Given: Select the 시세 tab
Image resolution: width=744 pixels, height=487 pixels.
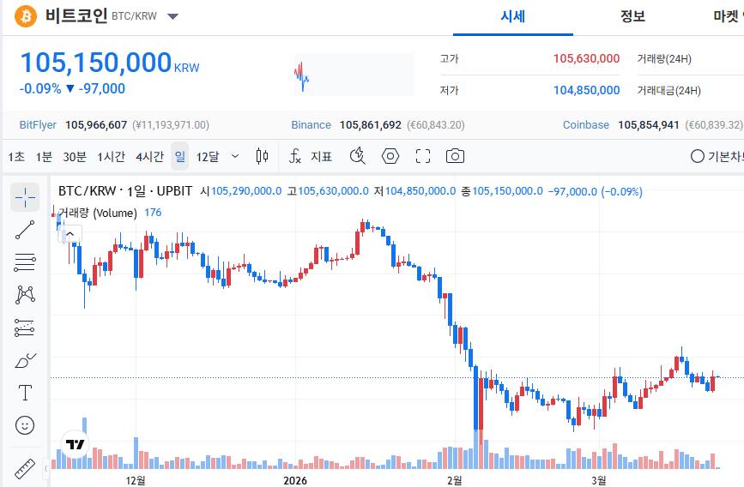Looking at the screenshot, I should pos(513,16).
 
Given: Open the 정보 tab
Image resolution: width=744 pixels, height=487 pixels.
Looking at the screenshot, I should pos(632,16).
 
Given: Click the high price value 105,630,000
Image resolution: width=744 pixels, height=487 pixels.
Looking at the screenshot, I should pos(586,59).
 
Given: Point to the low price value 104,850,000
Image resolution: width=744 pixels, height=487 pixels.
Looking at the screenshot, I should pos(586,90).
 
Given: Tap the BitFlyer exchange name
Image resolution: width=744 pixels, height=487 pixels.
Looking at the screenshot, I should pos(38,125).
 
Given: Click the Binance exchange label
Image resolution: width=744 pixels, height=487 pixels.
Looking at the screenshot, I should pos(311,125).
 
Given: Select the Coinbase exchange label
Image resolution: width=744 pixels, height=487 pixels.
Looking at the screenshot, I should pos(586,125).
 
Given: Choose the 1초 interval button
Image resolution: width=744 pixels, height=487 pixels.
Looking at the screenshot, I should pos(16,156).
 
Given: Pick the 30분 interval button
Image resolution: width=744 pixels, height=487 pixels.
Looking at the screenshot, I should pos(75,156).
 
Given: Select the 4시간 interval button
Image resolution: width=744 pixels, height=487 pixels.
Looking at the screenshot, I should pos(149,156).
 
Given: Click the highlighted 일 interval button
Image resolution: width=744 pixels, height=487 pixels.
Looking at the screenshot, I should pos(179,156).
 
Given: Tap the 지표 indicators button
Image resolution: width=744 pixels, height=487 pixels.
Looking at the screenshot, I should pos(322,156).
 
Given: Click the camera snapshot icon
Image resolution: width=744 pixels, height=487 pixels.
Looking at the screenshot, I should pos(455,156).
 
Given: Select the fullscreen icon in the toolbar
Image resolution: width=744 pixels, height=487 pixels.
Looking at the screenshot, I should pos(422,156).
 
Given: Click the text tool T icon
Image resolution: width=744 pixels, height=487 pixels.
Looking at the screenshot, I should pos(25,393).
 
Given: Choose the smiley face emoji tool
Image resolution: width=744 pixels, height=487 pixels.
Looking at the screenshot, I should pos(25,425).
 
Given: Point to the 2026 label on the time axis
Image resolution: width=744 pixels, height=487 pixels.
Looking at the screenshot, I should pos(295,479).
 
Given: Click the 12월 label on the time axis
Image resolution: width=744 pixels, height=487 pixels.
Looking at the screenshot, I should pos(135,479).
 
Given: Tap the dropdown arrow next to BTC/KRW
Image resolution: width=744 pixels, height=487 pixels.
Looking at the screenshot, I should pos(172,16).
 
